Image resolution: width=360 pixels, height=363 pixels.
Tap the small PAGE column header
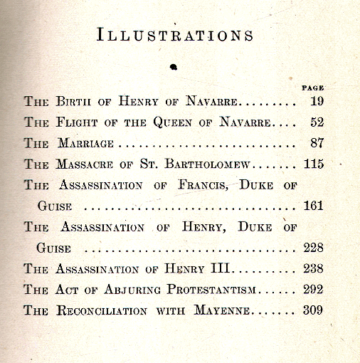click(x=313, y=88)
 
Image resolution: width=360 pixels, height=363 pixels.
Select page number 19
click(x=317, y=102)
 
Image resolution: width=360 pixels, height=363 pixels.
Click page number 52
click(x=317, y=122)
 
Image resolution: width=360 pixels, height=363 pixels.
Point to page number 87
click(x=317, y=144)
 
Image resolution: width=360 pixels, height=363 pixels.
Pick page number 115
click(x=313, y=164)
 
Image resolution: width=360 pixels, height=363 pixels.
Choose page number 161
click(x=313, y=206)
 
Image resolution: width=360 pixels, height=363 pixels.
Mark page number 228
click(x=313, y=248)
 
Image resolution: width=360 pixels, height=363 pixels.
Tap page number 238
click(x=313, y=269)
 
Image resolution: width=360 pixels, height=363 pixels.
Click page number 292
click(x=313, y=290)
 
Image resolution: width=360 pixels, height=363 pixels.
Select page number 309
click(x=313, y=310)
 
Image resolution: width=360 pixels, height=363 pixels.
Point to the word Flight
click(x=78, y=122)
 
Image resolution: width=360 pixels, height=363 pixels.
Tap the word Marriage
click(x=85, y=144)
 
